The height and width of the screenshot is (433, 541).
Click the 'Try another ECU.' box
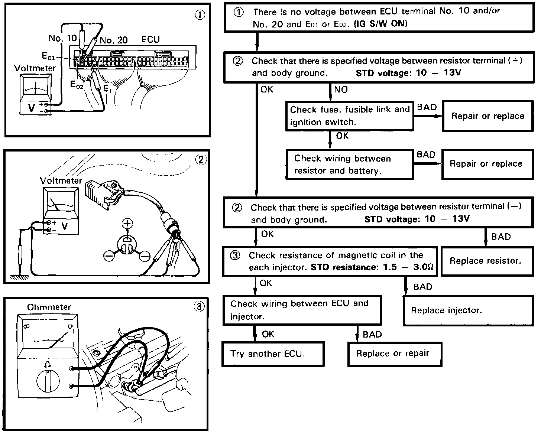(273, 354)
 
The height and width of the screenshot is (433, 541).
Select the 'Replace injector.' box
(468, 310)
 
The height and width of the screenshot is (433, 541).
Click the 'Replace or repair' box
(395, 354)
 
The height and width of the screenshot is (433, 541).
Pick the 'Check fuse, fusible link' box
(349, 116)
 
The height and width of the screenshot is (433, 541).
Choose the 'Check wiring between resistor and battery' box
(349, 165)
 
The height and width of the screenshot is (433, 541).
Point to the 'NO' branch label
(341, 89)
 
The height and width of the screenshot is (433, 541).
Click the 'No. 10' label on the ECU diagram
(62, 38)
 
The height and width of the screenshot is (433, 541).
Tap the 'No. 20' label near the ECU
(113, 40)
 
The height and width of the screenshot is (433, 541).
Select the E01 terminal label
(48, 56)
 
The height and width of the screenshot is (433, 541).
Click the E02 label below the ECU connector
(77, 85)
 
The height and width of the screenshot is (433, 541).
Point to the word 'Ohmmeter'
(49, 307)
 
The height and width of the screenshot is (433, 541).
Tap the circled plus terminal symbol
(127, 224)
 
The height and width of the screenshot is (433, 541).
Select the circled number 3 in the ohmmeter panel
(199, 307)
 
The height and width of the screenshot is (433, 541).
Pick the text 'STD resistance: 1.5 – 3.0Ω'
(372, 267)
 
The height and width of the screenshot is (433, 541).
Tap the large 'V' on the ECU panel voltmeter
(32, 108)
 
